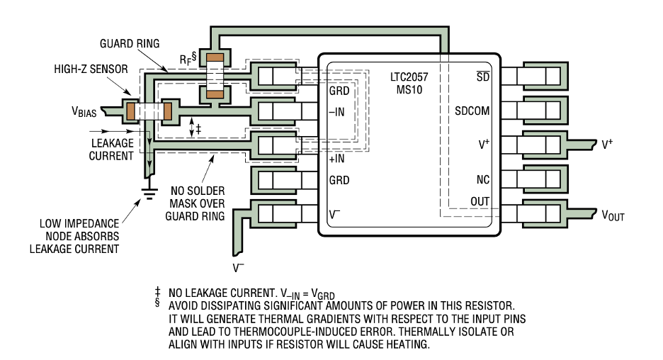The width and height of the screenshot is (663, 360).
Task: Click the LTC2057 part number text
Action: (409, 77)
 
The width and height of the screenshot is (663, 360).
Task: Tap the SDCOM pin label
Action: (472, 111)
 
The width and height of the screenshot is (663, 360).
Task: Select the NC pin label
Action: (483, 180)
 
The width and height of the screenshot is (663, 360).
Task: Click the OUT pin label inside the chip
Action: (480, 201)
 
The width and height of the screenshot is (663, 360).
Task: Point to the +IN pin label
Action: (337, 159)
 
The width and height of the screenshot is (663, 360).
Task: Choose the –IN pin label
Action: (337, 112)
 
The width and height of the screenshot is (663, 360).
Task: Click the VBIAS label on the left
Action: (84, 112)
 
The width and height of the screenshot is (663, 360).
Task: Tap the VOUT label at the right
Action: (613, 215)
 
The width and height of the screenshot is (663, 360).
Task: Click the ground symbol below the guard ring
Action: (149, 193)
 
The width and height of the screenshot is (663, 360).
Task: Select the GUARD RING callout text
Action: (130, 43)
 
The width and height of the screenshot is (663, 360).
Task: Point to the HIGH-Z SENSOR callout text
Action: (91, 69)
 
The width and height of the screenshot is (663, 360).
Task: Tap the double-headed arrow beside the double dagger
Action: (191, 127)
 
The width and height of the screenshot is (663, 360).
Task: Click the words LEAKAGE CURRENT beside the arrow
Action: (112, 150)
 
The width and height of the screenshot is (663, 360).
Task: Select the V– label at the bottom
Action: (238, 268)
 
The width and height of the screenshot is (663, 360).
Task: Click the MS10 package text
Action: (409, 90)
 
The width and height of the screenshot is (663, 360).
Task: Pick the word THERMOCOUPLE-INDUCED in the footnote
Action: (317, 332)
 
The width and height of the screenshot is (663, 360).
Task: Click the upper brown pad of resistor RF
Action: (215, 57)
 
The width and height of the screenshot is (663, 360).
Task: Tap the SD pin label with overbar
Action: (483, 77)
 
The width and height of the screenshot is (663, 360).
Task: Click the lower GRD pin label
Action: (339, 180)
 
